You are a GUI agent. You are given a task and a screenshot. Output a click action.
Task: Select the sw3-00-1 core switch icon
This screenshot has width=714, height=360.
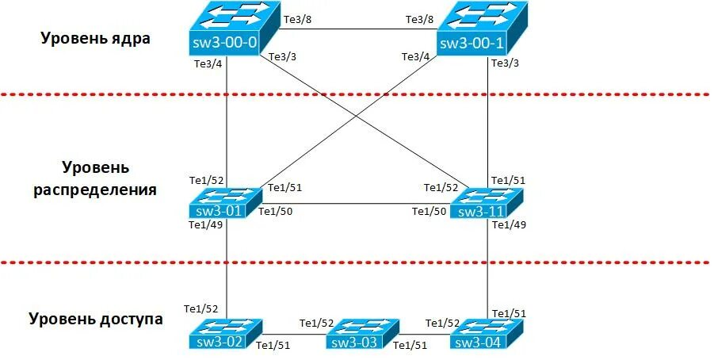(x=483, y=29)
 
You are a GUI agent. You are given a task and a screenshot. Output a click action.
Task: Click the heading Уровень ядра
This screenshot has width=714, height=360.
(x=96, y=38)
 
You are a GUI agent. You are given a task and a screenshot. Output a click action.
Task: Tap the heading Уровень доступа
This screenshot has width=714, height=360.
(x=96, y=319)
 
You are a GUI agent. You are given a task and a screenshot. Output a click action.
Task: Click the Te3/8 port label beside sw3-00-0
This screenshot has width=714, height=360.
(x=297, y=18)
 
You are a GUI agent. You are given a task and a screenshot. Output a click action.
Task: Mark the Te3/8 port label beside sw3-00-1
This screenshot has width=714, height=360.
(x=419, y=18)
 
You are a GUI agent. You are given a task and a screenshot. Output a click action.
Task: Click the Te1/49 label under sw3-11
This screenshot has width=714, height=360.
(x=509, y=225)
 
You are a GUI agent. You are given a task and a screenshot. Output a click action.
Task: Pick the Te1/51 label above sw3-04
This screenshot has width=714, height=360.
(x=509, y=312)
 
